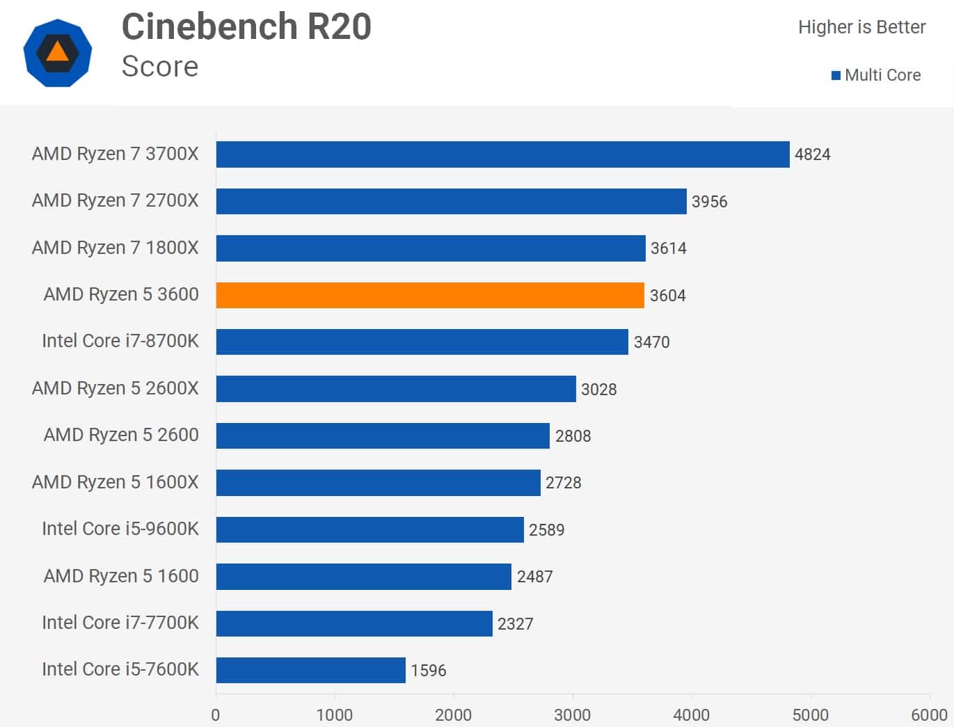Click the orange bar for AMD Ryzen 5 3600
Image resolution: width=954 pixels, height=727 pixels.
tap(430, 295)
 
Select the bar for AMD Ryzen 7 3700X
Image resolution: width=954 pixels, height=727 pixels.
tap(502, 154)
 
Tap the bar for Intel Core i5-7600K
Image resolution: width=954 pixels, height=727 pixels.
tap(310, 670)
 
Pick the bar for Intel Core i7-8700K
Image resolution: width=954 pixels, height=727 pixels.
tap(422, 342)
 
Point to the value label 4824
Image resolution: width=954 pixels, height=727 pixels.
tap(812, 154)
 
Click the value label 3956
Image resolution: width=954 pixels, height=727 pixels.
tap(709, 202)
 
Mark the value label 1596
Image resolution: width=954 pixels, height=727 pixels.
tap(428, 671)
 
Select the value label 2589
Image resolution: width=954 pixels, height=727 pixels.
tap(546, 530)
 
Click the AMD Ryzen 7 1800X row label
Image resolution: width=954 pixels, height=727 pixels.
tap(115, 248)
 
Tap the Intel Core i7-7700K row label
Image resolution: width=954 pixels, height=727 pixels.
tap(120, 623)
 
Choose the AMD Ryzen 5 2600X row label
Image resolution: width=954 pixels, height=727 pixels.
tap(115, 388)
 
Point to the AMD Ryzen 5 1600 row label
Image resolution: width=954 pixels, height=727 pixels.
tap(120, 576)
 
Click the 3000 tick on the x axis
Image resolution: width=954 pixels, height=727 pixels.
tap(573, 715)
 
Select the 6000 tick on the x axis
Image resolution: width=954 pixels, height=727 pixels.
tap(929, 715)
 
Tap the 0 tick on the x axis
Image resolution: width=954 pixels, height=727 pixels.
tap(216, 715)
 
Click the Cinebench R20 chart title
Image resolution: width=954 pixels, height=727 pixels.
tap(246, 27)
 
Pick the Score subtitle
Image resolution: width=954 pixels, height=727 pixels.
tap(159, 67)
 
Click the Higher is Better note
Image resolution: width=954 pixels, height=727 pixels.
tap(861, 27)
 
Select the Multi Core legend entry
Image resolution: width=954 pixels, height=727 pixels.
tap(876, 75)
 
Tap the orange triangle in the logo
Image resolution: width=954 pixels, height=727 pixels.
tap(57, 52)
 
